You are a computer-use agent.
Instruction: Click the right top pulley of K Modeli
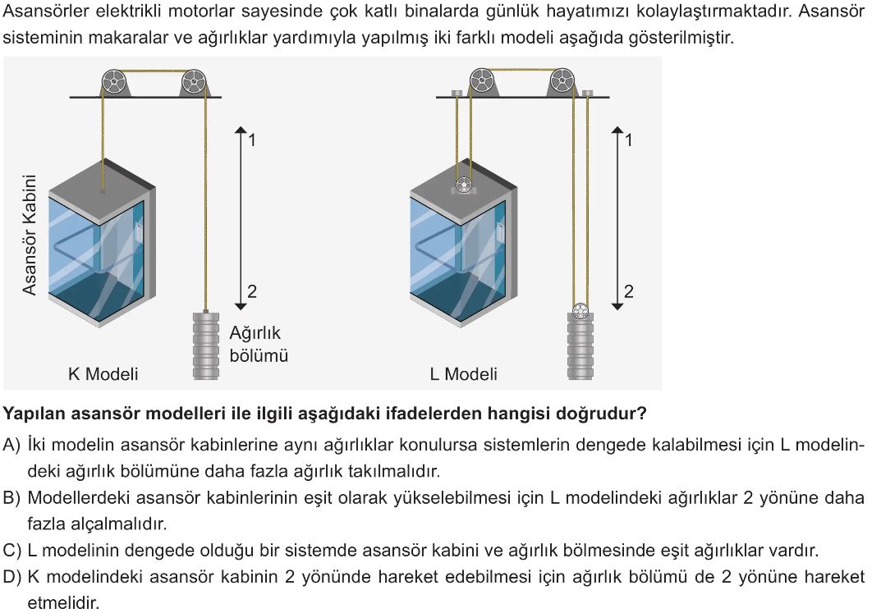click(x=193, y=83)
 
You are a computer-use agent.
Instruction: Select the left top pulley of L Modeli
click(x=481, y=81)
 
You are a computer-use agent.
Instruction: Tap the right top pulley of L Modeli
click(x=562, y=81)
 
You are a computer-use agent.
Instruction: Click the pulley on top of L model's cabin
click(x=464, y=184)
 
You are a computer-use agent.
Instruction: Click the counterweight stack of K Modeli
click(x=205, y=345)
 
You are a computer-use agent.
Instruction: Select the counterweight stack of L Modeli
click(x=580, y=346)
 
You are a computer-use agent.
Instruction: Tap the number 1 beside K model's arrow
click(x=252, y=140)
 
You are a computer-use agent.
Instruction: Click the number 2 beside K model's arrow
click(x=252, y=291)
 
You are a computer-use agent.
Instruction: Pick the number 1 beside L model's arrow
click(x=629, y=140)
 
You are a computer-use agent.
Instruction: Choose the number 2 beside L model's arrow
click(x=629, y=291)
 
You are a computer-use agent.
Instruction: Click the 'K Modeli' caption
click(x=103, y=374)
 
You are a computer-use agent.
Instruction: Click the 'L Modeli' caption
click(x=464, y=374)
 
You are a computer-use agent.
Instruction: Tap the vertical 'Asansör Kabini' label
click(x=30, y=235)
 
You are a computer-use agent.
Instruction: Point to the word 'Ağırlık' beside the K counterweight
click(x=255, y=333)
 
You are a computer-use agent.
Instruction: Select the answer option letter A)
click(x=11, y=445)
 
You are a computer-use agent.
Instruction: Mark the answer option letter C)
click(x=11, y=551)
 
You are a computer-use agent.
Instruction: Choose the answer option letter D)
click(x=11, y=577)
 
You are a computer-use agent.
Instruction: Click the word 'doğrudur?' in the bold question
click(x=601, y=414)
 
